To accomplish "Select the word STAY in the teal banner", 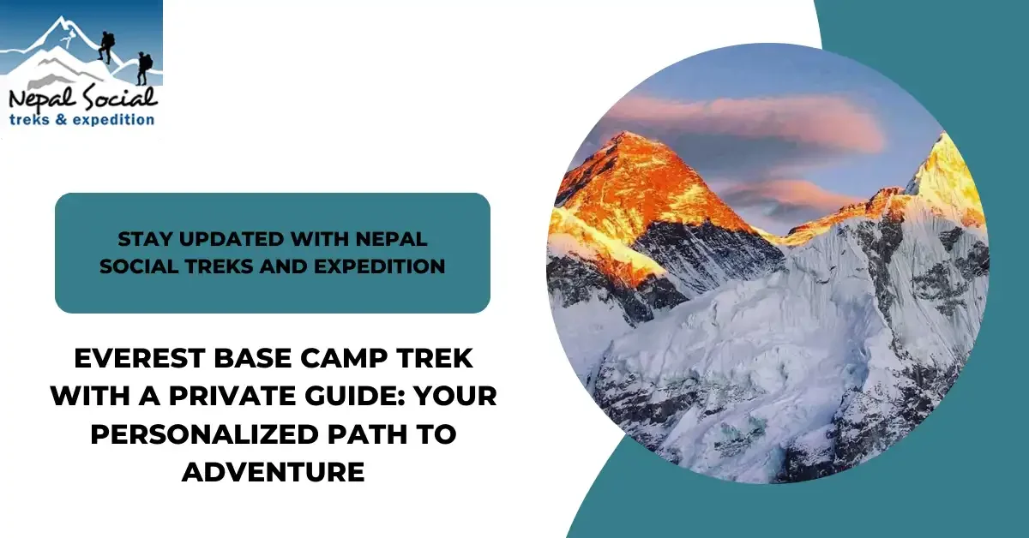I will click(x=141, y=237).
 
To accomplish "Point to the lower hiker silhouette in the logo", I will click(x=143, y=69).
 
